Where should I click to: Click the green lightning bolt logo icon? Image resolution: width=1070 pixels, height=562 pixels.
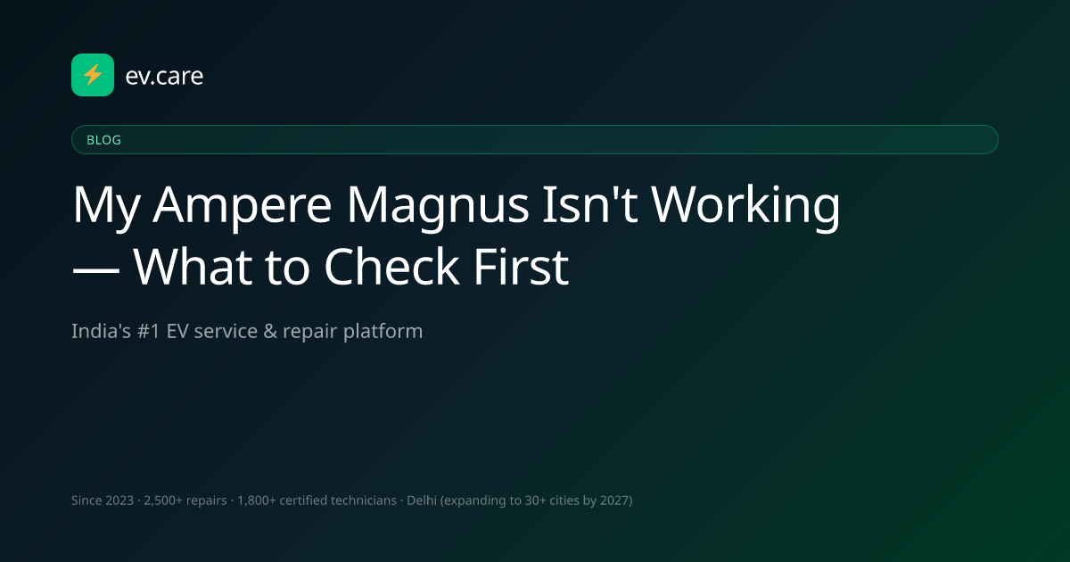pyautogui.click(x=93, y=75)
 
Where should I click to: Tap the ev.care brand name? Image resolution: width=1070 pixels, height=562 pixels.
pyautogui.click(x=164, y=76)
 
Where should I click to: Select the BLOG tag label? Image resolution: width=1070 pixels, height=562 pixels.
pyautogui.click(x=103, y=140)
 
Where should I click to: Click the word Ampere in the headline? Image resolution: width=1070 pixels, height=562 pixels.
pyautogui.click(x=242, y=205)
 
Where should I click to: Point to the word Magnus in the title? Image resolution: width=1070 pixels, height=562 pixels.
pyautogui.click(x=438, y=205)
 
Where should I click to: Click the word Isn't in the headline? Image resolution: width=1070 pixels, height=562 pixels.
pyautogui.click(x=590, y=203)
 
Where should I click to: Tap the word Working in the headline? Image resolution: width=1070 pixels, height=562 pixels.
pyautogui.click(x=745, y=205)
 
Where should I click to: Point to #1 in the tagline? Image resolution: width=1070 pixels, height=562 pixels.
pyautogui.click(x=149, y=331)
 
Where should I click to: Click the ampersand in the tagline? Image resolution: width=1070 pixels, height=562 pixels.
pyautogui.click(x=270, y=331)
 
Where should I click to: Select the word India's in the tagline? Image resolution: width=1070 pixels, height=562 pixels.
pyautogui.click(x=101, y=331)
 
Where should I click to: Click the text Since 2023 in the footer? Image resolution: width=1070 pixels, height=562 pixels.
pyautogui.click(x=103, y=500)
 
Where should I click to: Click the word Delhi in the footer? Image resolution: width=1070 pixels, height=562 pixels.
pyautogui.click(x=422, y=500)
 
